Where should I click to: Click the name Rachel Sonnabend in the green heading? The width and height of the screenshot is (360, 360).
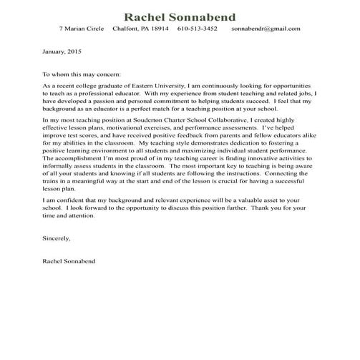pyautogui.click(x=180, y=16)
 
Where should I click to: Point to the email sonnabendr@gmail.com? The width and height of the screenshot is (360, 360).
pyautogui.click(x=266, y=29)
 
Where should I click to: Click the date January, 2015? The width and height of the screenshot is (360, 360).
pyautogui.click(x=62, y=52)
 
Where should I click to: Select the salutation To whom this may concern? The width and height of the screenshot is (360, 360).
pyautogui.click(x=82, y=74)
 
